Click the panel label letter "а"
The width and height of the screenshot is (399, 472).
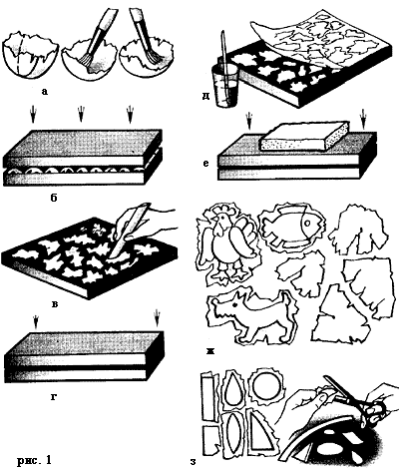[x=45, y=91]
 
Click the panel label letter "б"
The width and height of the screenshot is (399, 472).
[x=53, y=198]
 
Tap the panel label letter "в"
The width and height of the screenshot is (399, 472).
[x=55, y=303]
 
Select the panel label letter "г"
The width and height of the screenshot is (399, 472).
[x=54, y=396]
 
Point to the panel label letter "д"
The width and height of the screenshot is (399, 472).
[x=205, y=97]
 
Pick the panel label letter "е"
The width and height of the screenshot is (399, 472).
[x=206, y=164]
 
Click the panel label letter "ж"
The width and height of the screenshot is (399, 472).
[x=210, y=350]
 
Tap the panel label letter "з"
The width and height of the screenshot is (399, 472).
[x=193, y=462]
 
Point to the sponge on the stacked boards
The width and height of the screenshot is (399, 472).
[x=305, y=137]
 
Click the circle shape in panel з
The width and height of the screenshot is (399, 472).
[x=266, y=388]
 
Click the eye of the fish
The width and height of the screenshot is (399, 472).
[x=307, y=223]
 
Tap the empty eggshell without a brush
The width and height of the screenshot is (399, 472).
[x=31, y=57]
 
